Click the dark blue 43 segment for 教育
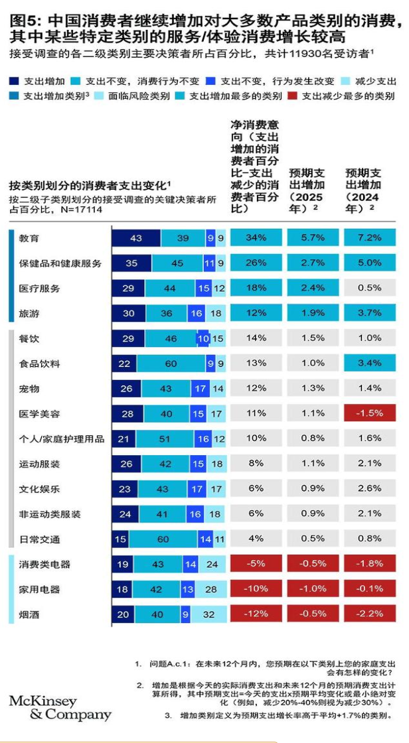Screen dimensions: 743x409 click(x=136, y=238)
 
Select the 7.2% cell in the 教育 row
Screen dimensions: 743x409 click(x=370, y=238)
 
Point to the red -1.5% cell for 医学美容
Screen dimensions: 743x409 click(x=370, y=413)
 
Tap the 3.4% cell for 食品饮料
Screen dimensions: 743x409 click(x=370, y=363)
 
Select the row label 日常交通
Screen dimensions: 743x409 click(x=39, y=539)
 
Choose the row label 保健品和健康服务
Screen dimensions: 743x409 click(x=60, y=263)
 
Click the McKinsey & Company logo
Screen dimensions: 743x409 click(x=60, y=708)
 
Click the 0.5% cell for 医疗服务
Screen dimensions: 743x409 click(x=370, y=288)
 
